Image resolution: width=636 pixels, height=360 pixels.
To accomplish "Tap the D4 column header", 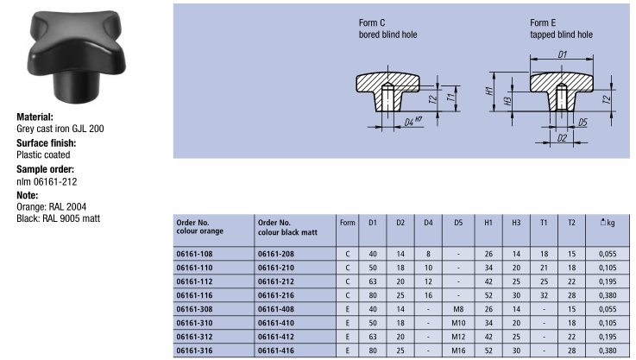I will (429, 223).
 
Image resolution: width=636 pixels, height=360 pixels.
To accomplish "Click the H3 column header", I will (516, 223).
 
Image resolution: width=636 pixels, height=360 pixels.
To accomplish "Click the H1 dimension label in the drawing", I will (490, 91).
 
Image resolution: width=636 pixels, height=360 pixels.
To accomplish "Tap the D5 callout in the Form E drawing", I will (582, 122).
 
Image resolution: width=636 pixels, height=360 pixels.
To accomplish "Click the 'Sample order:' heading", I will (46, 168).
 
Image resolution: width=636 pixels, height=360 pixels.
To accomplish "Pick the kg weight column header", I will (607, 223).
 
